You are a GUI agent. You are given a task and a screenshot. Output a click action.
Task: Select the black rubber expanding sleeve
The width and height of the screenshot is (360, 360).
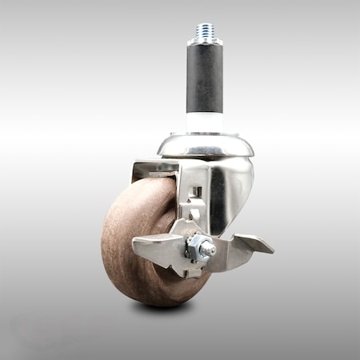(x=206, y=80)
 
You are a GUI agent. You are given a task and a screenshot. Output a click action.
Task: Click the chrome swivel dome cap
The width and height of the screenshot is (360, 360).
(x=206, y=144)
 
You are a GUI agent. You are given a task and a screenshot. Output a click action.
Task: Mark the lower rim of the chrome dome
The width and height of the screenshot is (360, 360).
(x=206, y=155)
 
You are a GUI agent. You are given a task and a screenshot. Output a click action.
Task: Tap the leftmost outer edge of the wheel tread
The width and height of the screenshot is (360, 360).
(x=103, y=240)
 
